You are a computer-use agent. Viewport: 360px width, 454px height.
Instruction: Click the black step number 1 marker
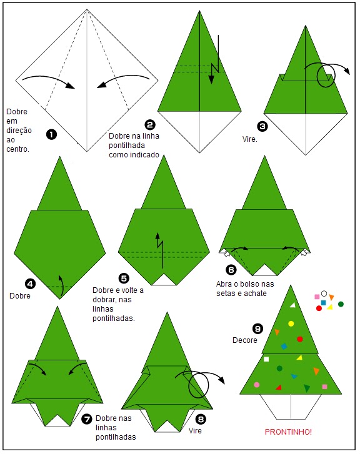52,134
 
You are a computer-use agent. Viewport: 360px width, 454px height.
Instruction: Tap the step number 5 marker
124,279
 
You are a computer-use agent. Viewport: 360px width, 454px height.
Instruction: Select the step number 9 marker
257,328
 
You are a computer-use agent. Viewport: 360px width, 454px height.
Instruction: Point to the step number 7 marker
86,419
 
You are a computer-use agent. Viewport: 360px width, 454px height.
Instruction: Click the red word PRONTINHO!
288,432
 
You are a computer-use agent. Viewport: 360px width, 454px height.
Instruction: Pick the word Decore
245,340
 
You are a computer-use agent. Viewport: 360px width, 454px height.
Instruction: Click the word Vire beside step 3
249,139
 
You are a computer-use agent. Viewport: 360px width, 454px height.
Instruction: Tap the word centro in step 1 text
17,149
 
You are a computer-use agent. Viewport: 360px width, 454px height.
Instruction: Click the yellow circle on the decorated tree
291,323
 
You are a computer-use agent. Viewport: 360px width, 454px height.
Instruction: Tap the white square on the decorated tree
266,359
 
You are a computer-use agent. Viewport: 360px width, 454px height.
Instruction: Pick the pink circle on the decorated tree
256,385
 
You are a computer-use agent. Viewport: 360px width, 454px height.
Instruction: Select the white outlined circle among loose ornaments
324,294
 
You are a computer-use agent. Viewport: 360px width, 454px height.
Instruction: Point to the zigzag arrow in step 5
160,250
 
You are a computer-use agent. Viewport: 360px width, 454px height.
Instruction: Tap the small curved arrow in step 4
61,286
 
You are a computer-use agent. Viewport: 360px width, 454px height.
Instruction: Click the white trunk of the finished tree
291,407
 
